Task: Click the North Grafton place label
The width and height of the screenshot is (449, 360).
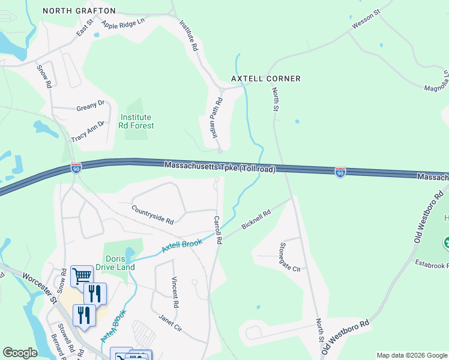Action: click(79, 11)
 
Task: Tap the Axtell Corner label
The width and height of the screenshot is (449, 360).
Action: click(266, 79)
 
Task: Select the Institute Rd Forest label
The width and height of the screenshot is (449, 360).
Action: click(137, 121)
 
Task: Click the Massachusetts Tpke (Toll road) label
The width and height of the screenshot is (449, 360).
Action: click(220, 166)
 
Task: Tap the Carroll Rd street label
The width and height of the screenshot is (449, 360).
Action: click(218, 229)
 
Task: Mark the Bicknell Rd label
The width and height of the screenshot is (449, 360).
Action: click(256, 219)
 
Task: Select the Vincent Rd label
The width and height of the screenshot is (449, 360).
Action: click(175, 292)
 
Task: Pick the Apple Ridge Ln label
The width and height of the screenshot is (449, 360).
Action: click(124, 24)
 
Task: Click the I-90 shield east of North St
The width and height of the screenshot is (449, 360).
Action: click(340, 172)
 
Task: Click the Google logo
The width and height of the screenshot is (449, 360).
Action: click(20, 353)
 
